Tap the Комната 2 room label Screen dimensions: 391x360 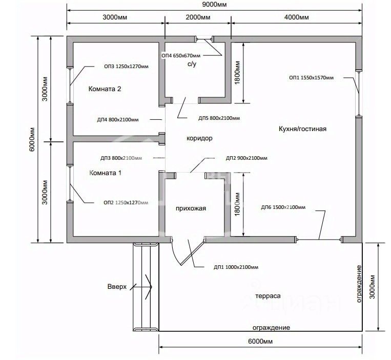tap(105, 89)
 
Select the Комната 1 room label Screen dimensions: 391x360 tap(106, 173)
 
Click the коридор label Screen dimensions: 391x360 tap(199, 138)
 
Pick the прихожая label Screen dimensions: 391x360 tap(191, 208)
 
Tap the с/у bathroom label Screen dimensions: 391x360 tap(192, 65)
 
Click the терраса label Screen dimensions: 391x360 tap(268, 297)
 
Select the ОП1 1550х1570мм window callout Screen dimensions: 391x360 tap(311, 78)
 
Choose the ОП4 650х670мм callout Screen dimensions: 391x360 tap(181, 55)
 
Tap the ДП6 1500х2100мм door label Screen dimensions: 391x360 tap(283, 207)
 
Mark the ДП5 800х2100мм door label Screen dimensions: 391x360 tap(219, 118)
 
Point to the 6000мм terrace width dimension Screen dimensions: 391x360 tap(261, 342)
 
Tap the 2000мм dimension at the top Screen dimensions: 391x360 tap(198, 17)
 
